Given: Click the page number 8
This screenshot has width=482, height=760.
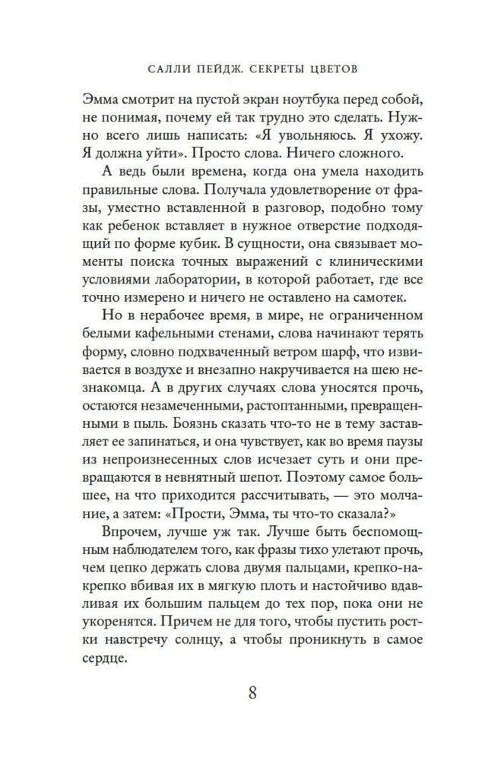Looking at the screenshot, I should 252,693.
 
